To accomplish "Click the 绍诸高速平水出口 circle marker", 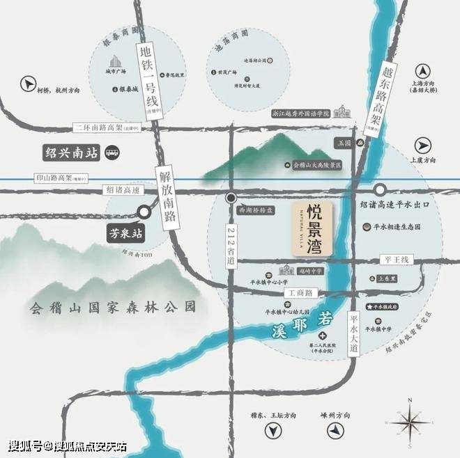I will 380,189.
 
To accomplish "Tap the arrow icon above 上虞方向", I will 424,145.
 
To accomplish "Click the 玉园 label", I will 342,142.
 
